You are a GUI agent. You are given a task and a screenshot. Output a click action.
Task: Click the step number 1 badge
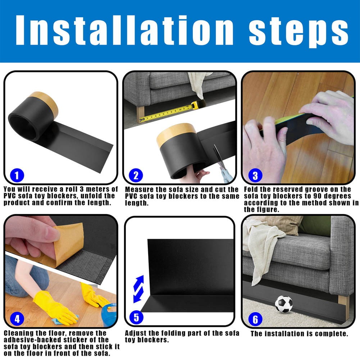18,176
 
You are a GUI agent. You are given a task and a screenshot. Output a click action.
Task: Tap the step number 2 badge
136,176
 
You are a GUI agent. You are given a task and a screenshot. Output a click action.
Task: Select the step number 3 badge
255,176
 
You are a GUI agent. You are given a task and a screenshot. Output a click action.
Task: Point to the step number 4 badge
17,318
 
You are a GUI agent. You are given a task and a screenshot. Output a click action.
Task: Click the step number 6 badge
255,319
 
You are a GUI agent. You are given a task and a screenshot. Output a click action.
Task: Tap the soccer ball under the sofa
284,304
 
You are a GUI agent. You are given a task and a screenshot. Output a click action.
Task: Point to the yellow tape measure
169,113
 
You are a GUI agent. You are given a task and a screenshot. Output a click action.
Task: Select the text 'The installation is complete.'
299,334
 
